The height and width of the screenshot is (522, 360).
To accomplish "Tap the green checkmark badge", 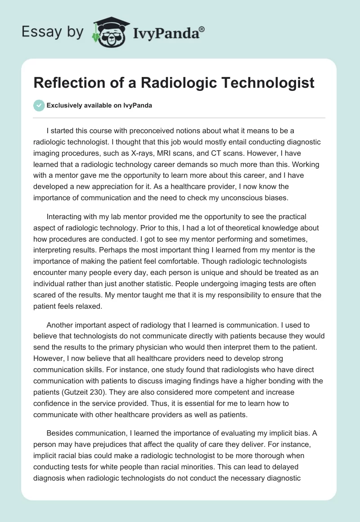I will [39, 105].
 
